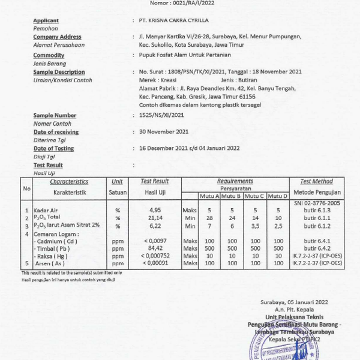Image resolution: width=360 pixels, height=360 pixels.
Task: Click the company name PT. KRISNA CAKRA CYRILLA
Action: [x=170, y=20]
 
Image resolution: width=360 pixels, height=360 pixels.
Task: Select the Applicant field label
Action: [x=46, y=20]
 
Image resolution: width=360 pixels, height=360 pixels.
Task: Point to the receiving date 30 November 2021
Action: [x=164, y=131]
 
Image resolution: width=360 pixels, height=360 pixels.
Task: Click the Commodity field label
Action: [x=49, y=55]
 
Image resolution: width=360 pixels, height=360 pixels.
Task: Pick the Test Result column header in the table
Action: [x=154, y=181]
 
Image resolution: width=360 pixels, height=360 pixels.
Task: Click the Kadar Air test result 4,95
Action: [x=155, y=210]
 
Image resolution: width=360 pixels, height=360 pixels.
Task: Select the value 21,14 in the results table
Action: [x=155, y=218]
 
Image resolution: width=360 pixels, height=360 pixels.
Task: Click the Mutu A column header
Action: [x=209, y=196]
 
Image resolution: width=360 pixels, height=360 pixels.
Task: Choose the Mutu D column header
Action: [x=278, y=196]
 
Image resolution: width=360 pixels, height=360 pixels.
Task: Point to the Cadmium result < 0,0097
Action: [x=154, y=240]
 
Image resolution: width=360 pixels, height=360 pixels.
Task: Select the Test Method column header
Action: [x=316, y=181]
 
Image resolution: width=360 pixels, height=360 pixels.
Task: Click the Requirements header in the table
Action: [x=235, y=181]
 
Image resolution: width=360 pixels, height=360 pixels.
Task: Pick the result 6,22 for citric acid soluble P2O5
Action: [x=155, y=226]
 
